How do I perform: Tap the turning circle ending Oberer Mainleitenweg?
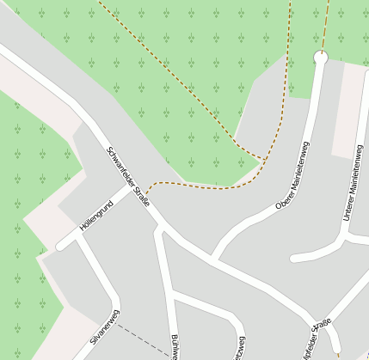pos(322,58)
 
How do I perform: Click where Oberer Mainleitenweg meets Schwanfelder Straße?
pos(213,257)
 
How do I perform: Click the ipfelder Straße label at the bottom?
pos(311,340)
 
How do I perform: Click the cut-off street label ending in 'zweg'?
pos(238,348)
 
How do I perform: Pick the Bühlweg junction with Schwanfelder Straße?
pos(159,228)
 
